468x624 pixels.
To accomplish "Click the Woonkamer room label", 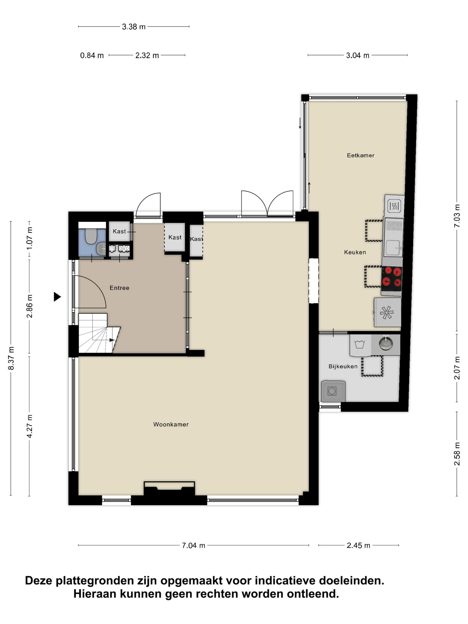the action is click(x=171, y=424).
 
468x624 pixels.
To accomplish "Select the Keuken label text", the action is click(x=355, y=252).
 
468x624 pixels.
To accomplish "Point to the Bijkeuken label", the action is click(x=343, y=366).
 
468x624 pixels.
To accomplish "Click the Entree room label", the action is click(x=119, y=288).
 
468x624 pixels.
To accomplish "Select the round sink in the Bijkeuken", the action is click(x=385, y=344).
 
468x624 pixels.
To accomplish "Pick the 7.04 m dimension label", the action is click(x=193, y=545).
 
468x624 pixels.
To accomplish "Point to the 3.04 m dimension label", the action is click(x=358, y=55).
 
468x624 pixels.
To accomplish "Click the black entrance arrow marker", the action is click(x=57, y=297).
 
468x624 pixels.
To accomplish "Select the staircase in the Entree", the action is click(x=99, y=333).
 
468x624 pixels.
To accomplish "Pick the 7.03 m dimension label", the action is click(x=457, y=216).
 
